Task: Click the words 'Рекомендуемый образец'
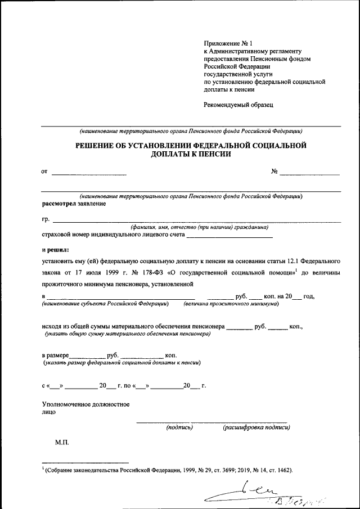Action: pyautogui.click(x=238, y=104)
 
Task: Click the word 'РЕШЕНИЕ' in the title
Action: pyautogui.click(x=101, y=146)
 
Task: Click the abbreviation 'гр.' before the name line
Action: pyautogui.click(x=46, y=218)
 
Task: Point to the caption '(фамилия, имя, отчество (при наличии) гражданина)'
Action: pyautogui.click(x=199, y=227)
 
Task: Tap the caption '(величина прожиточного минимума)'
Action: pyautogui.click(x=231, y=304)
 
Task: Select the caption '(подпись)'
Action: pyautogui.click(x=179, y=427)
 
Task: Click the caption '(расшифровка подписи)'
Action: pyautogui.click(x=256, y=427)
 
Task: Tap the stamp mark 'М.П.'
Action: pyautogui.click(x=62, y=444)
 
